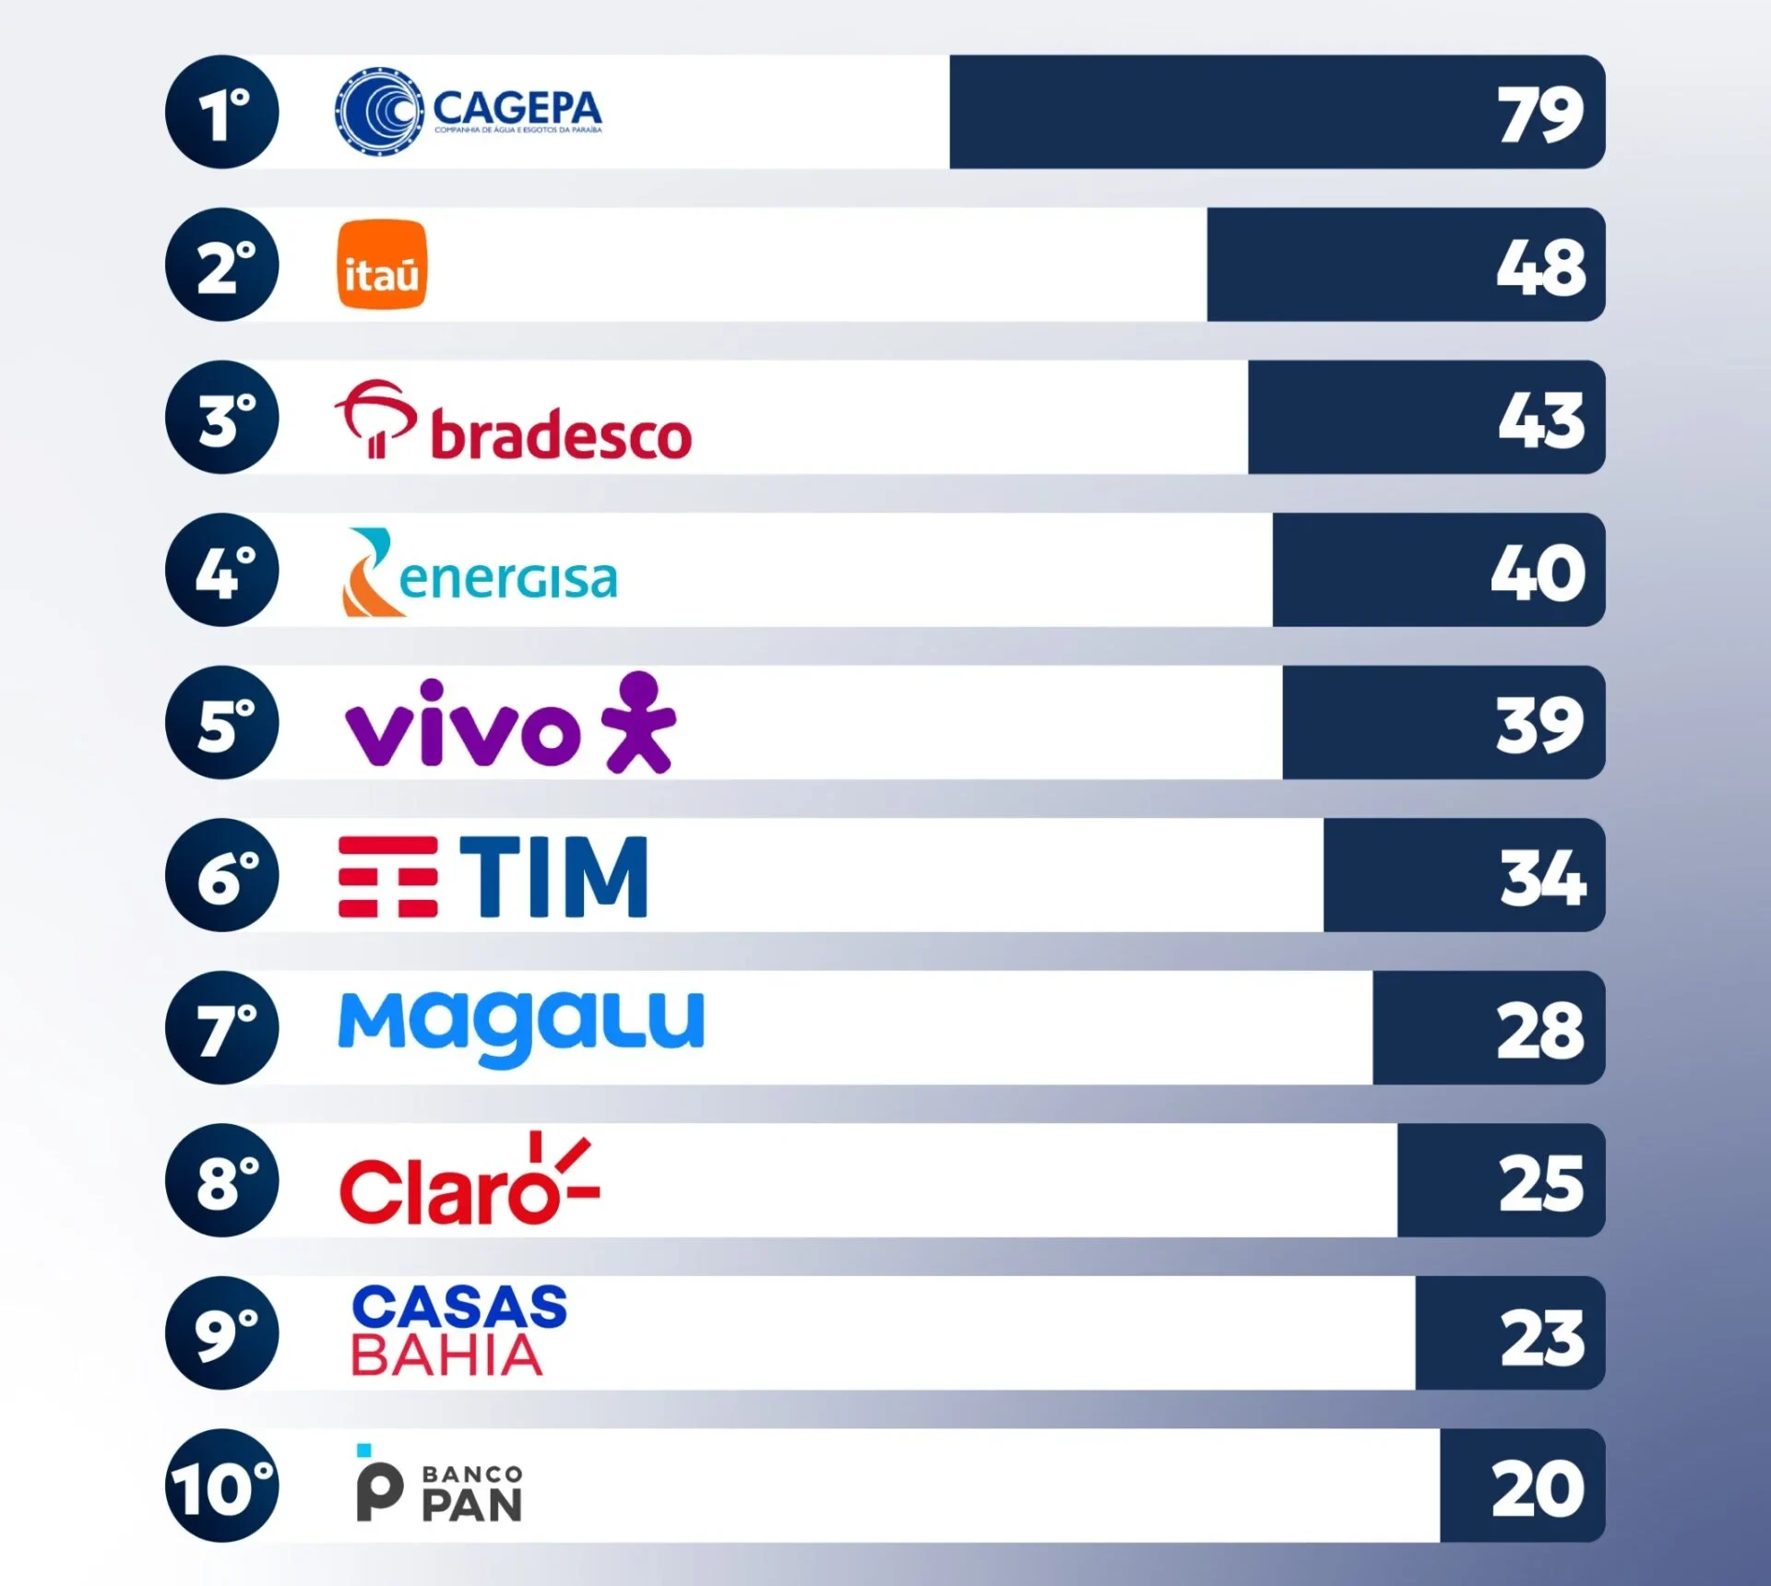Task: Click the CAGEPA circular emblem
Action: [x=379, y=112]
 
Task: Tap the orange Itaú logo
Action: [x=382, y=265]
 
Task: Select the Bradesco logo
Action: [x=513, y=422]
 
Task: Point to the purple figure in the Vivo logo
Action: [x=640, y=722]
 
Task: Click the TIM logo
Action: [x=493, y=876]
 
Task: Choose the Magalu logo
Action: [x=521, y=1025]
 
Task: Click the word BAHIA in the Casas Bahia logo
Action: [x=446, y=1355]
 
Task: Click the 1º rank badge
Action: [x=222, y=112]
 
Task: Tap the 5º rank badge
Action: [x=222, y=723]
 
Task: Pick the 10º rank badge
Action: [x=222, y=1485]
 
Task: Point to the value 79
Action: [x=1539, y=115]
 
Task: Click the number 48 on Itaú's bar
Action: [x=1540, y=268]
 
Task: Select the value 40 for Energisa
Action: [x=1538, y=574]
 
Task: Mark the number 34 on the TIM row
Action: [x=1542, y=878]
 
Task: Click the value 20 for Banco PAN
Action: [x=1538, y=1488]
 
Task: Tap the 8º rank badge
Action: [x=222, y=1180]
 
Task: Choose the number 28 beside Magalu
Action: [x=1539, y=1031]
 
